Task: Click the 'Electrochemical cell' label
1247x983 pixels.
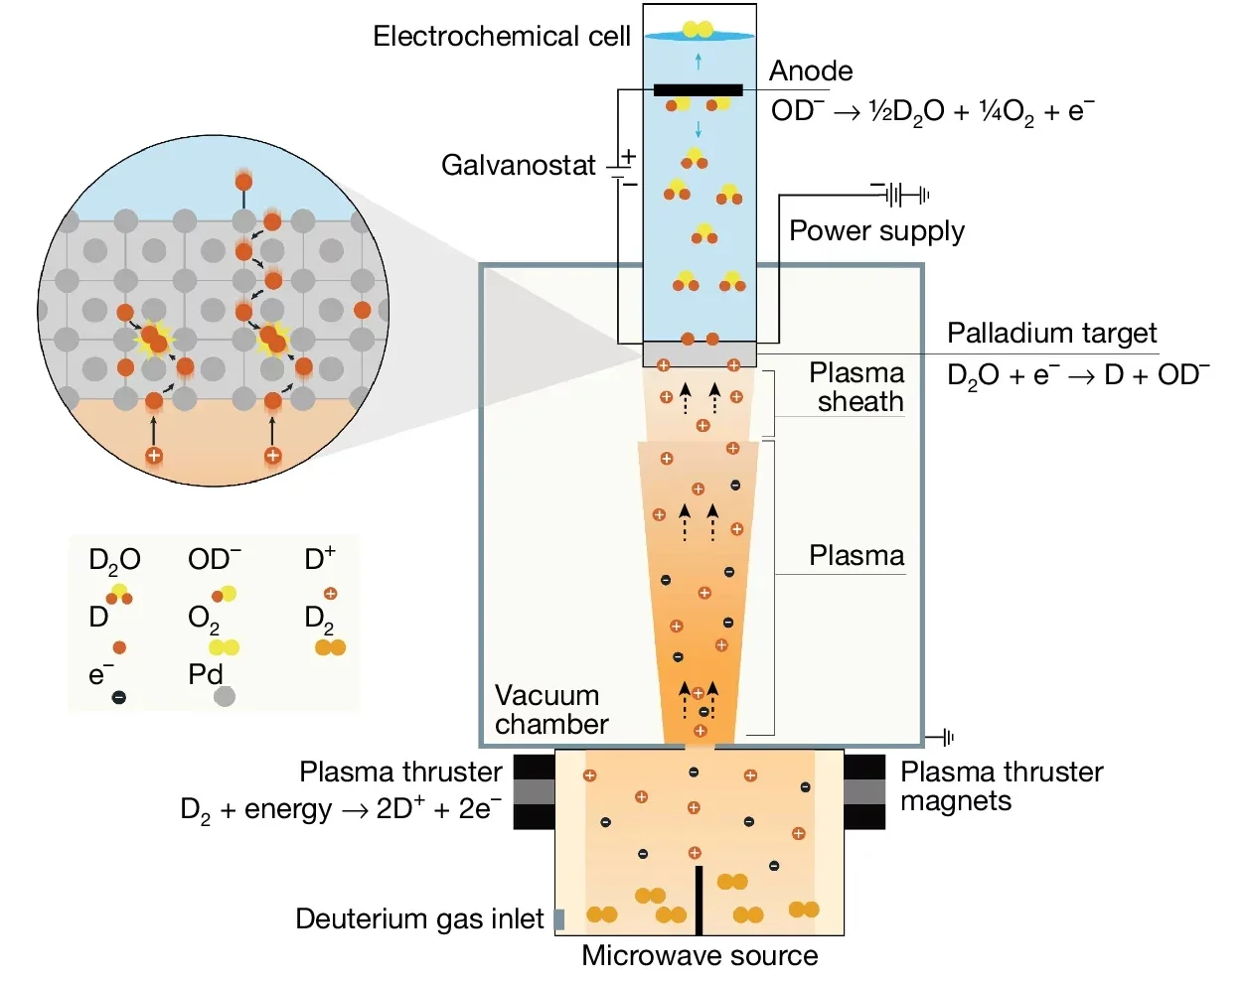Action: pyautogui.click(x=501, y=37)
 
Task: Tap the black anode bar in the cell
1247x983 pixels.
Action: pyautogui.click(x=698, y=90)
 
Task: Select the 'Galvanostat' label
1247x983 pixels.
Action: pyautogui.click(x=518, y=165)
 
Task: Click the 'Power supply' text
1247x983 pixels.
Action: pyautogui.click(x=876, y=230)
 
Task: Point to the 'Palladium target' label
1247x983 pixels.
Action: pyautogui.click(x=1051, y=333)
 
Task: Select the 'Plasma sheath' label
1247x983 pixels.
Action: pyautogui.click(x=857, y=387)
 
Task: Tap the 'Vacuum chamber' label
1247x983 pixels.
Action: pyautogui.click(x=550, y=709)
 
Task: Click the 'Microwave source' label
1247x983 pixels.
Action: pyautogui.click(x=700, y=955)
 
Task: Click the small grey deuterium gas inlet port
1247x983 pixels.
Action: pyautogui.click(x=559, y=919)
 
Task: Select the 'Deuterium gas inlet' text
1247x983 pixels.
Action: pyautogui.click(x=419, y=919)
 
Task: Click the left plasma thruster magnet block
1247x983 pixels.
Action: pyautogui.click(x=534, y=791)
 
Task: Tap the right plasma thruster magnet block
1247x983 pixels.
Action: pyautogui.click(x=863, y=791)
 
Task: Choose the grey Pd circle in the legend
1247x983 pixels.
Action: pyautogui.click(x=225, y=696)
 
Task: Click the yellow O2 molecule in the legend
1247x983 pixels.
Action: pyautogui.click(x=224, y=647)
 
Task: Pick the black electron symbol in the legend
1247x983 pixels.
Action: pyautogui.click(x=119, y=697)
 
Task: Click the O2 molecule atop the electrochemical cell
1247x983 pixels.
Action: pyautogui.click(x=698, y=30)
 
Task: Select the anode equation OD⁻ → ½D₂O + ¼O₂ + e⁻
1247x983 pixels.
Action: pyautogui.click(x=932, y=111)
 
